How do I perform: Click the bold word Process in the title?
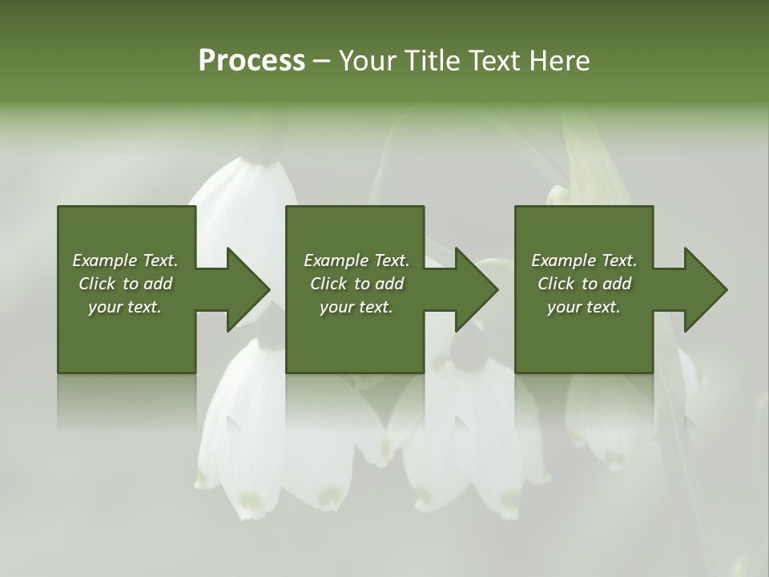252,61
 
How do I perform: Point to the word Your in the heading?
367,61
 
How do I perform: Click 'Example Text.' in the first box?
125,260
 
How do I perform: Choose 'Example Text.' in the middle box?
356,260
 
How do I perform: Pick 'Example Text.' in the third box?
584,260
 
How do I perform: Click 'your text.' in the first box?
125,307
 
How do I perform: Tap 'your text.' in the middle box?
356,307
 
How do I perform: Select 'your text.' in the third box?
584,307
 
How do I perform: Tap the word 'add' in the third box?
615,284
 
